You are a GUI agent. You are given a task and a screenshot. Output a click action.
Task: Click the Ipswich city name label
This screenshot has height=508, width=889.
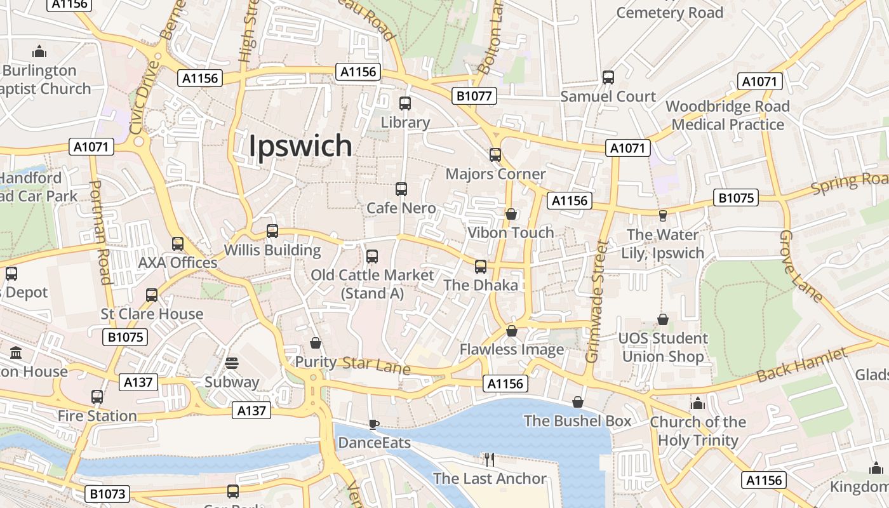click(x=300, y=145)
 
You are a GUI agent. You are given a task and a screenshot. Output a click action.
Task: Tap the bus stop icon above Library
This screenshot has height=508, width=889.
click(x=404, y=103)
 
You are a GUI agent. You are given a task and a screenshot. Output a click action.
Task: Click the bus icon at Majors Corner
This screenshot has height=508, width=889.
click(x=495, y=154)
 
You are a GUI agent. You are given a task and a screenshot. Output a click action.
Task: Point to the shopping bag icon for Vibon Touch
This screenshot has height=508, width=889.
click(x=511, y=214)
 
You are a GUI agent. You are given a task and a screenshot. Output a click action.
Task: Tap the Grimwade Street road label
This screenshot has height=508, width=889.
click(x=596, y=301)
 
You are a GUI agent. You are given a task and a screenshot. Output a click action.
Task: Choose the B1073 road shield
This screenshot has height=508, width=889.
click(x=107, y=494)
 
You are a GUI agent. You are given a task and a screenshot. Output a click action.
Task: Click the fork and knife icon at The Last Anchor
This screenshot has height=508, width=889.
click(x=489, y=459)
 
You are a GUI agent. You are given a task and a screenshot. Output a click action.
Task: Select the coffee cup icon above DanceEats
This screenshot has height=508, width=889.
click(x=374, y=424)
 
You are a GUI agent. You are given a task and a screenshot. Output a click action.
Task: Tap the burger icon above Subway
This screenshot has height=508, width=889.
click(x=232, y=363)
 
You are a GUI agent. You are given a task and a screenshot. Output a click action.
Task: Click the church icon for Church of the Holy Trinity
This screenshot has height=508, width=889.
click(x=698, y=403)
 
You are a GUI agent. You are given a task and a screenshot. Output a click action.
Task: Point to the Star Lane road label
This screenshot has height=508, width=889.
click(x=376, y=365)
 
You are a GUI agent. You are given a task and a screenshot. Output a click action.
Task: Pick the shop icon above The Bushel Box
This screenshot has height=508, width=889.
click(x=578, y=402)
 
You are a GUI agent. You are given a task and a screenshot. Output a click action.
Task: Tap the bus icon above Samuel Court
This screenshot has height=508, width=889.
click(x=608, y=77)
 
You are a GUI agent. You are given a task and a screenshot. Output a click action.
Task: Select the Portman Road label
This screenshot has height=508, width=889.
click(x=100, y=232)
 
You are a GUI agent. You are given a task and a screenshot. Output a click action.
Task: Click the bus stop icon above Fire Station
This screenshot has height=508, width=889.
click(x=97, y=397)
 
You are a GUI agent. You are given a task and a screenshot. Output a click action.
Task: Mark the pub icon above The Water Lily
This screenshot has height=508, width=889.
click(x=663, y=216)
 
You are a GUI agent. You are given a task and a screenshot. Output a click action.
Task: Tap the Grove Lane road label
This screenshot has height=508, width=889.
click(x=799, y=265)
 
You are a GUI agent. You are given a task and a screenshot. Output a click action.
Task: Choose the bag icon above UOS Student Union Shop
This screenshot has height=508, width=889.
click(x=663, y=319)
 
